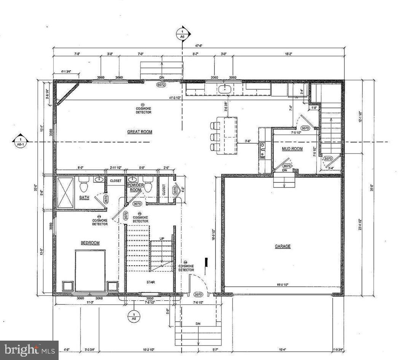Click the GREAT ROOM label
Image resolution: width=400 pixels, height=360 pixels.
[x=140, y=132]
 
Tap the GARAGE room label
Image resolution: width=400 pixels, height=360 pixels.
[x=283, y=246]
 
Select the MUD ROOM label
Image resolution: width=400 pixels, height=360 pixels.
[x=292, y=149]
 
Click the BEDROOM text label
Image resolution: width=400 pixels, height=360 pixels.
[x=90, y=243]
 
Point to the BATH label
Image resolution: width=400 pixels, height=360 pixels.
[x=84, y=198]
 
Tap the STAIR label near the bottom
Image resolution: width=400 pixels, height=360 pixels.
[x=151, y=282]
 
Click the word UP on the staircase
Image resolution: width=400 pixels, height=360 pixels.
[x=162, y=238]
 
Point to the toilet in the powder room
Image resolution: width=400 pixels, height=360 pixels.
[x=148, y=185]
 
